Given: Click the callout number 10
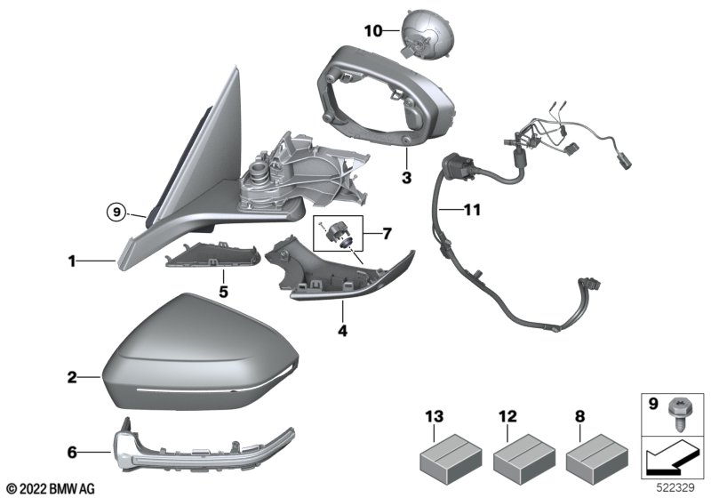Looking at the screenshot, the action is coord(373,31).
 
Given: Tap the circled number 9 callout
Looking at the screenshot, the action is coord(116,212).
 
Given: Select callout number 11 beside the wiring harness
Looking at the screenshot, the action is coord(472,210).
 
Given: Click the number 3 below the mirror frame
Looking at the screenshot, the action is coord(406,177).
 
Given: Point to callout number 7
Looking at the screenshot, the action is coord(387,234).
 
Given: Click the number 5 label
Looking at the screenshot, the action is coord(223,292).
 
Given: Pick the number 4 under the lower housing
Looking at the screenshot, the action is coord(343,331).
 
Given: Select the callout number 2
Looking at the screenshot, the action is coord(72,377).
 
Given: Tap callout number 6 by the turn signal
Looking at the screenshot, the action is coord(72,452).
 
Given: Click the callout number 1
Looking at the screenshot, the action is coord(72,261).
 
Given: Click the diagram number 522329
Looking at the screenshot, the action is coord(675,488).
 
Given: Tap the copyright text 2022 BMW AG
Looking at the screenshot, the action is coord(56,489).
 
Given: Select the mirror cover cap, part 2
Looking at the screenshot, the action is coord(201,352).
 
